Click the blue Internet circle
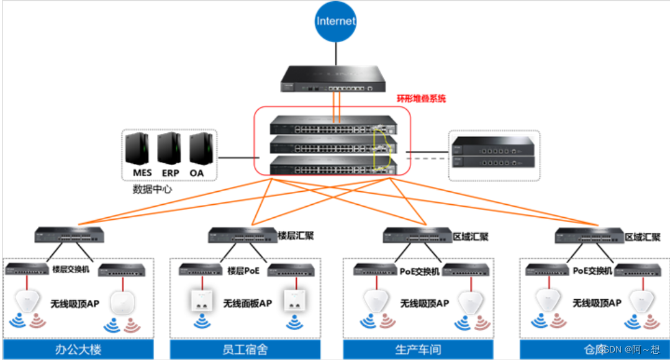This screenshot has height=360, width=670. click(x=336, y=21)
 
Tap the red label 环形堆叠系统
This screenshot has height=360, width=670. click(x=421, y=98)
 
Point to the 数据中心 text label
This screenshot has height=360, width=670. click(x=152, y=189)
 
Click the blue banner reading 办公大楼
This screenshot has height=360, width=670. click(x=78, y=349)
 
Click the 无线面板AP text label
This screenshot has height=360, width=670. click(x=247, y=304)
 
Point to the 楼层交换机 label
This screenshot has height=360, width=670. click(x=71, y=269)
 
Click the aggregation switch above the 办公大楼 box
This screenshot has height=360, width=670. click(x=69, y=235)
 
